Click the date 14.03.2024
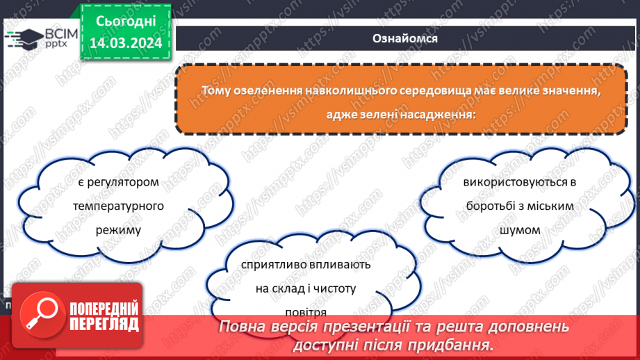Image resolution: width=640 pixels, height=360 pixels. pyautogui.click(x=125, y=42)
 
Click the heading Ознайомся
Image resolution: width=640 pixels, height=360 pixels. pyautogui.click(x=405, y=39)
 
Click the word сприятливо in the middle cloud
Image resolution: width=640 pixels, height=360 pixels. pyautogui.click(x=273, y=265)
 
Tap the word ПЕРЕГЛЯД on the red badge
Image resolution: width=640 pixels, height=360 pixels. pyautogui.click(x=104, y=323)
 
